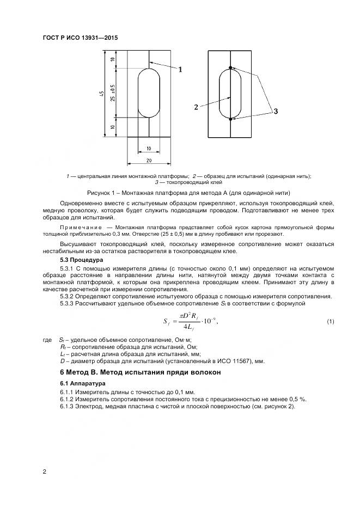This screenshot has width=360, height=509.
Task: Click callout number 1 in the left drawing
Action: [180, 69]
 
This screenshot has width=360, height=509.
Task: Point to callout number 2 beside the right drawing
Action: [196, 107]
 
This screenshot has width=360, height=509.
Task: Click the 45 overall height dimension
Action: [102, 94]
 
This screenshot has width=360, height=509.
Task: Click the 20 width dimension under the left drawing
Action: [149, 161]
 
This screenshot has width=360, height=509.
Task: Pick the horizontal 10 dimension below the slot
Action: [149, 148]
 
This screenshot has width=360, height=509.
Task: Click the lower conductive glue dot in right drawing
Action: [231, 119]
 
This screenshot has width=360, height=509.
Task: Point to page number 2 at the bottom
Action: [44, 471]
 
